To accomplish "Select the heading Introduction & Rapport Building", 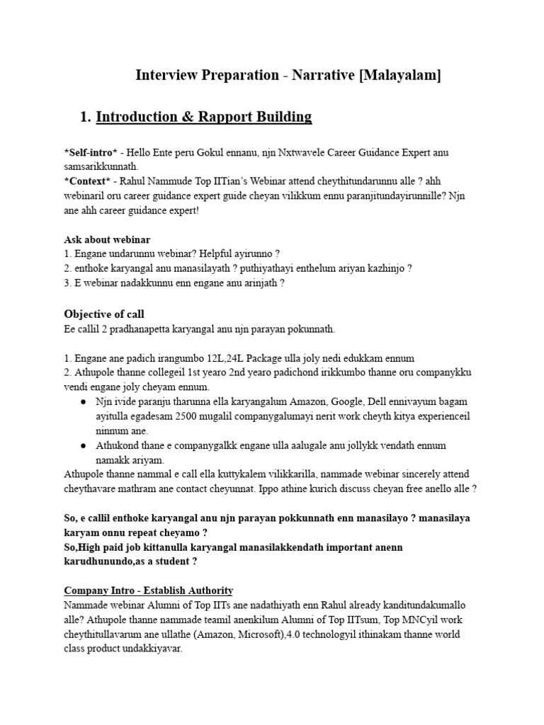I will (204, 116).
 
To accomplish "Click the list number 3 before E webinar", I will (67, 282).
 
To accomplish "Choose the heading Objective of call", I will (104, 314).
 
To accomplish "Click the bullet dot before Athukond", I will (83, 445).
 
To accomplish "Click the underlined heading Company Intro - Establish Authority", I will (149, 590).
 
